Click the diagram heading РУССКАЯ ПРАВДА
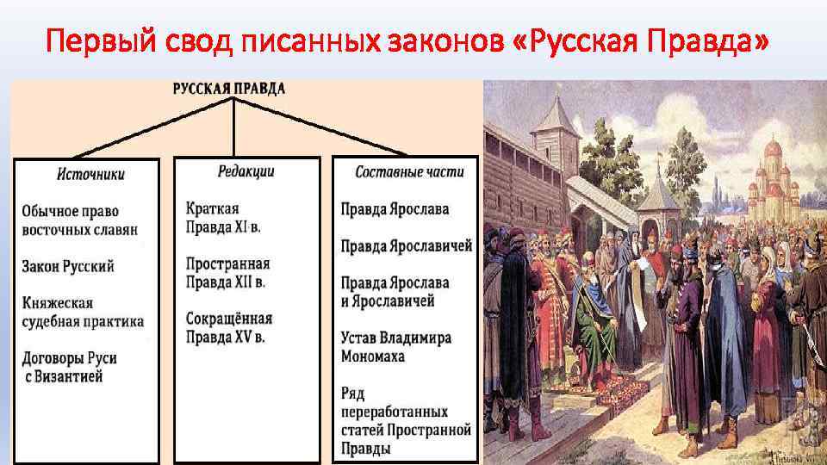(x=229, y=89)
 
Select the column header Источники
(x=90, y=174)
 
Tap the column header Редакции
(x=246, y=171)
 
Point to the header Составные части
(x=409, y=172)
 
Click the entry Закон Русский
(x=68, y=267)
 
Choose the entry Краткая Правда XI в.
(x=225, y=217)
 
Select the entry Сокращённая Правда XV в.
(x=229, y=327)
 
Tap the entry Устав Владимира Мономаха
(x=395, y=346)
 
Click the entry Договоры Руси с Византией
(x=70, y=367)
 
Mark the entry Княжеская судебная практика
(x=83, y=313)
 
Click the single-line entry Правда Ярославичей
(x=406, y=246)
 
